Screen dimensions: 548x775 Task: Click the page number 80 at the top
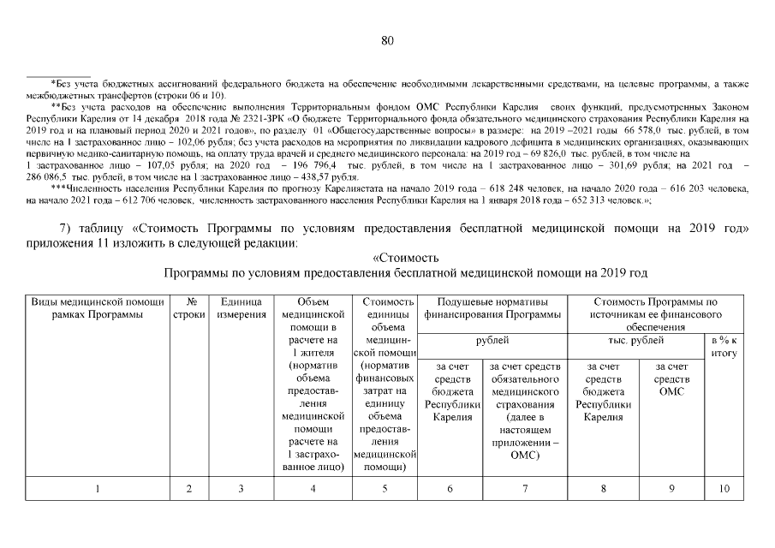click(x=387, y=40)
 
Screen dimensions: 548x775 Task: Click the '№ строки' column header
click(x=188, y=309)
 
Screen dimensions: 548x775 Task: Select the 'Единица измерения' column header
click(x=240, y=309)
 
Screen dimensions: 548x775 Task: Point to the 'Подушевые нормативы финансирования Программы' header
click(x=492, y=309)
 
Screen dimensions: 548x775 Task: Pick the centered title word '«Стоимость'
click(x=405, y=258)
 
